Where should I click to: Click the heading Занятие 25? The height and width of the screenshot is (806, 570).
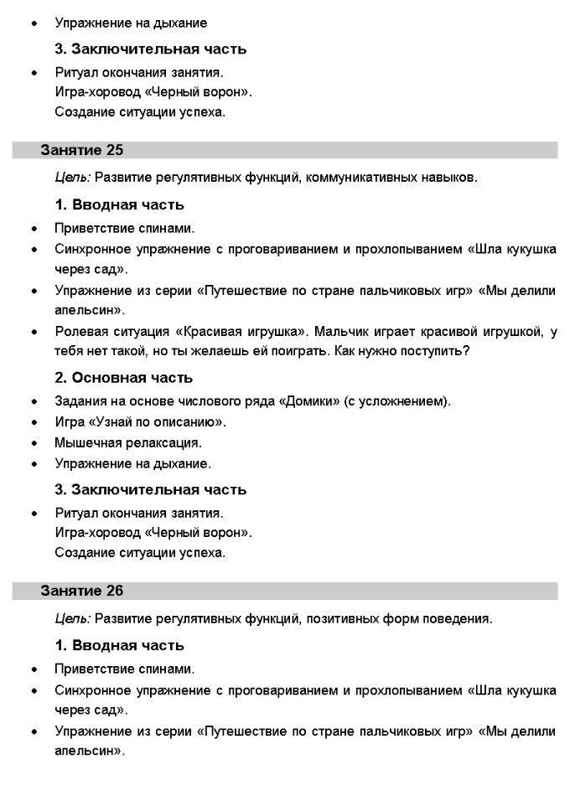pos(82,151)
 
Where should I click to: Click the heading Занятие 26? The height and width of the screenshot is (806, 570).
pos(82,591)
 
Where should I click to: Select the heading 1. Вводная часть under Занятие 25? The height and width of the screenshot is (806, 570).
pos(119,204)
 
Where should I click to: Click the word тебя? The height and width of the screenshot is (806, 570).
pos(70,351)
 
